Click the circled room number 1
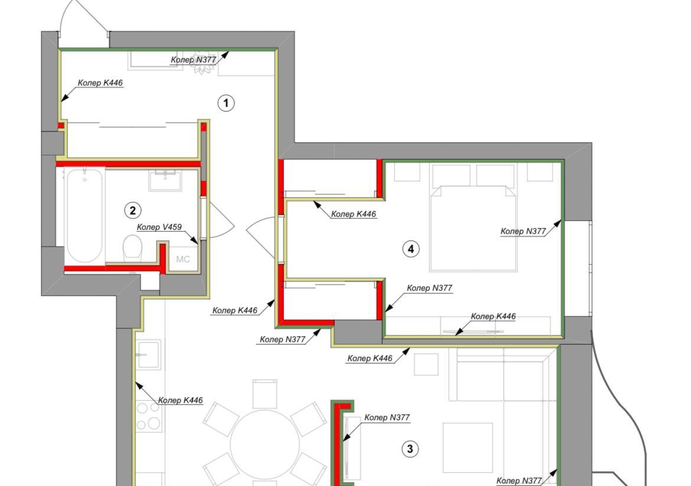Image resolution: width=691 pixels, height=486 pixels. coord(226,103)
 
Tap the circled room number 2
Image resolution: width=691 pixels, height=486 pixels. coord(133,210)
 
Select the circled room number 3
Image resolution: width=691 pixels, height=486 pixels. coord(410,449)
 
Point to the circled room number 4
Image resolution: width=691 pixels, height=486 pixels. coord(410,249)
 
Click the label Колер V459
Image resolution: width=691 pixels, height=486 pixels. coord(159,227)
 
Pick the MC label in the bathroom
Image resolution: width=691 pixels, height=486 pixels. coord(183,259)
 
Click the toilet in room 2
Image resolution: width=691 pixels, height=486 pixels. coord(132,249)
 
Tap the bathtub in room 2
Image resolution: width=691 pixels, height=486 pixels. coord(84,216)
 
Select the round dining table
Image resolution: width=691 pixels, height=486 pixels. coord(265,445)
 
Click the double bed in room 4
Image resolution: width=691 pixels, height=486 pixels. coord(473,228)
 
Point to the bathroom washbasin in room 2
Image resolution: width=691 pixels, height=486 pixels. coord(165,181)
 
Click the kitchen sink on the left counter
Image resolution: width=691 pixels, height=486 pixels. coord(148,355)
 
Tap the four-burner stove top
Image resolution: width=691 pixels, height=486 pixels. coord(148,416)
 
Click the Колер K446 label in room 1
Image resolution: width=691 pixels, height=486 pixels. coord(100,83)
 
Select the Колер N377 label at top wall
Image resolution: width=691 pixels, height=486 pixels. coord(194,60)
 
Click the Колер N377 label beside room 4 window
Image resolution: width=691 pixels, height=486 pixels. coord(523,231)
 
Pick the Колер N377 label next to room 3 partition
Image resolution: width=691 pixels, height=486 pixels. coord(387,417)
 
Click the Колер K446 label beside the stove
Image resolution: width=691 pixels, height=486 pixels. coord(180,400)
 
